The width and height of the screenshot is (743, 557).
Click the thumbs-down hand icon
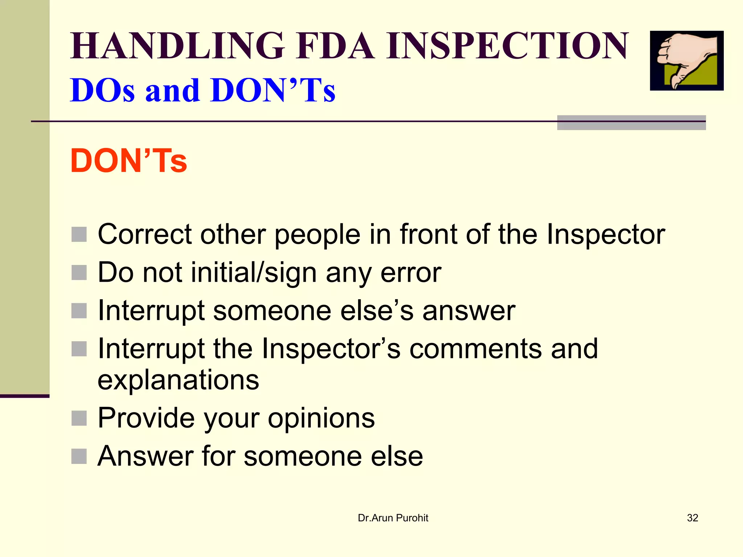point(686,61)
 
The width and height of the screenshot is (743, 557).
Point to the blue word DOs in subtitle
point(102,90)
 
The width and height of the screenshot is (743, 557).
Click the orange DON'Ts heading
point(128,161)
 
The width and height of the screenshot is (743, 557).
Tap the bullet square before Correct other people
point(79,235)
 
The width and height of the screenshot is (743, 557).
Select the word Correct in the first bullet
point(144,235)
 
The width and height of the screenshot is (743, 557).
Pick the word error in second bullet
point(411,273)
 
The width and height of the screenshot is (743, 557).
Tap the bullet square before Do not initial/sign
point(79,273)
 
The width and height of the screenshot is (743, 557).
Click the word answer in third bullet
point(468,311)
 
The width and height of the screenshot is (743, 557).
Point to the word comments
point(475,349)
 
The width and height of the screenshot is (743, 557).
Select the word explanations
point(178,380)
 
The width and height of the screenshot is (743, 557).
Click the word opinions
point(321,418)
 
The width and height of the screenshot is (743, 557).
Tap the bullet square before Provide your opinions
point(79,418)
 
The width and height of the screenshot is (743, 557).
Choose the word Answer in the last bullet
point(145,456)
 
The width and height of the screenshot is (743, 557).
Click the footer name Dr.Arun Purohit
point(393,518)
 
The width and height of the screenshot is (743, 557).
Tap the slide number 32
point(692,518)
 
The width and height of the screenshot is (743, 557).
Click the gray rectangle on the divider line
point(631,123)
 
